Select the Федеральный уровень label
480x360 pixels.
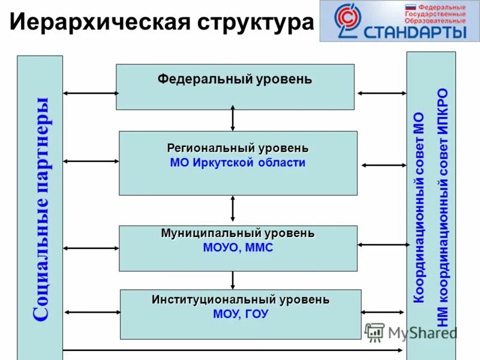click(x=235, y=79)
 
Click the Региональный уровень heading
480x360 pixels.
click(x=238, y=148)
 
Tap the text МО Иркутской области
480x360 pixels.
click(x=238, y=163)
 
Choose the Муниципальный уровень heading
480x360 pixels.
click(x=238, y=233)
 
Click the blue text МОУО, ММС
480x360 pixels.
click(x=238, y=248)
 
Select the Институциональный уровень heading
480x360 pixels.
click(x=241, y=299)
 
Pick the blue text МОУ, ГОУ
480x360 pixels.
click(x=241, y=314)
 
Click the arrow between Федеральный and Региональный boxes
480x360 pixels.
click(x=233, y=118)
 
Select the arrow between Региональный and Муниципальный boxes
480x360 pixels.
click(x=233, y=209)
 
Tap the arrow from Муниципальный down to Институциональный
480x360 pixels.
click(x=233, y=280)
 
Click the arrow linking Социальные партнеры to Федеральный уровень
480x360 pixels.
click(x=90, y=93)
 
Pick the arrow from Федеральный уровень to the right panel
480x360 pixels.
click(x=382, y=93)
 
